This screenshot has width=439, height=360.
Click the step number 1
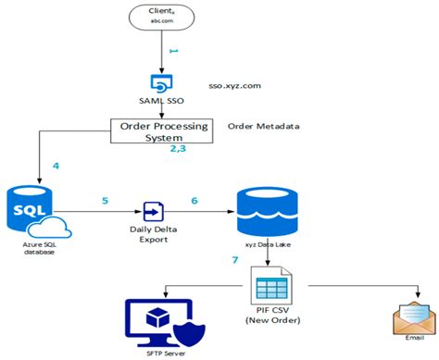172,56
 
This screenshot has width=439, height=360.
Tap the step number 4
56,167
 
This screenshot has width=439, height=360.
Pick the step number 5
106,199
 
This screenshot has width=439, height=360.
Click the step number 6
194,200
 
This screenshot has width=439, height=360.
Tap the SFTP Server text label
154,353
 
